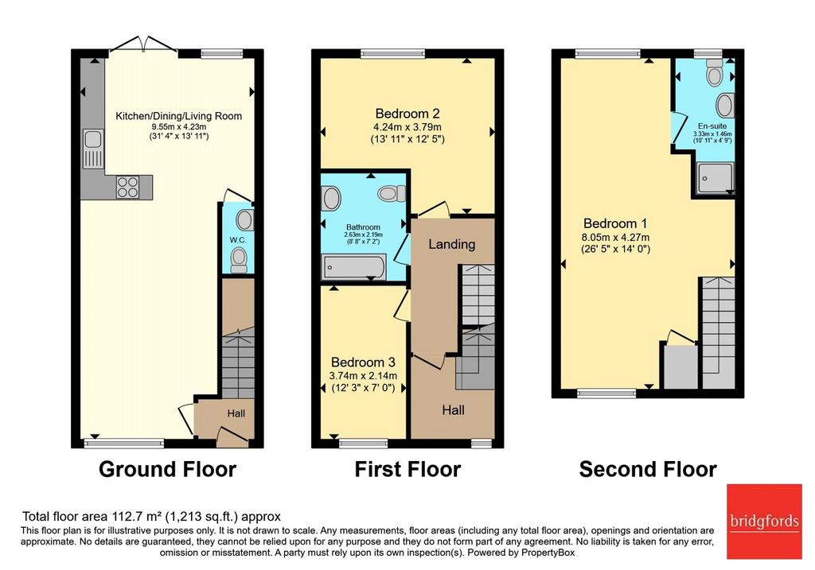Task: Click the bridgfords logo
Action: tap(764, 522)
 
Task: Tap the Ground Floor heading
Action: tap(167, 469)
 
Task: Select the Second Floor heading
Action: tap(648, 469)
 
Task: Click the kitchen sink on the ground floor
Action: tap(94, 149)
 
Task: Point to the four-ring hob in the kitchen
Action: tap(128, 188)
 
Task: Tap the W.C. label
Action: tap(238, 240)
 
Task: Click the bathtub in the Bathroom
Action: tap(353, 267)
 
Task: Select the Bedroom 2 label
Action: tap(407, 113)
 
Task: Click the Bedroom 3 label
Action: tap(363, 362)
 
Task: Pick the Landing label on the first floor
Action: tap(452, 244)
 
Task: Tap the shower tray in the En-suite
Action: tap(716, 178)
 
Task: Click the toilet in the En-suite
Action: tap(715, 72)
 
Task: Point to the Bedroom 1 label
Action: tap(615, 223)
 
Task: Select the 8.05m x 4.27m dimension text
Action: tap(615, 238)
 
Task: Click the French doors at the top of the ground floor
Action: tap(143, 44)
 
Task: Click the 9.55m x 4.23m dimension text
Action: tap(179, 126)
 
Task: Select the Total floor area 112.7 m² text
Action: tap(92, 517)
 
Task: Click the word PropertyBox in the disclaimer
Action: tap(548, 553)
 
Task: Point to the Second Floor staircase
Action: tap(719, 333)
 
